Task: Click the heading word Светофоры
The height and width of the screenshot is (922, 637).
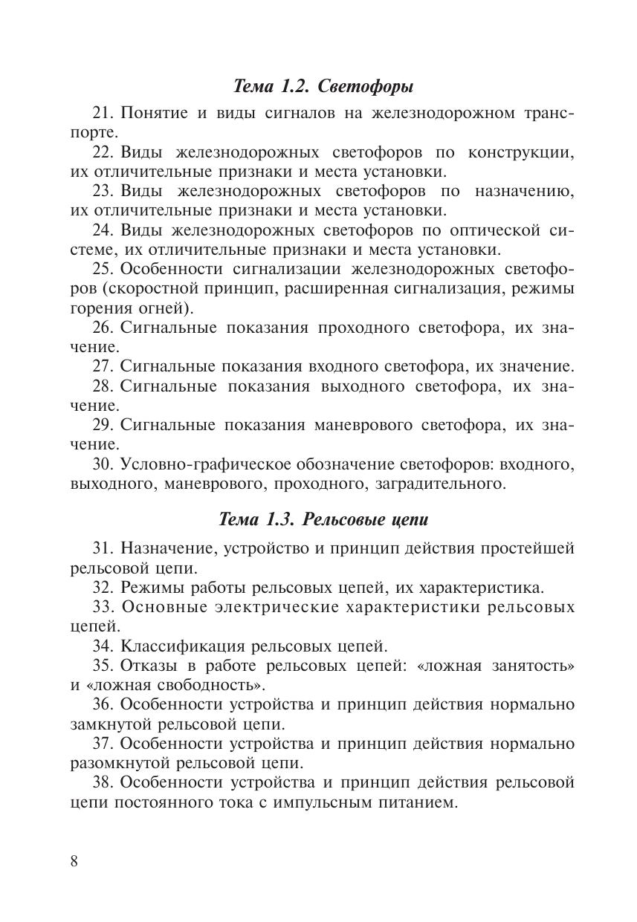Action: click(366, 86)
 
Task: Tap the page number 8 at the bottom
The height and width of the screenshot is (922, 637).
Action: click(74, 861)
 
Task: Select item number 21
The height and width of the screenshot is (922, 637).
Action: click(102, 114)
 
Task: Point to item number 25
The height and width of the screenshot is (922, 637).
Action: click(102, 268)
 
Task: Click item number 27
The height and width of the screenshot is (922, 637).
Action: click(102, 366)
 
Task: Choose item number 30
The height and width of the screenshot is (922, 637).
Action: click(102, 464)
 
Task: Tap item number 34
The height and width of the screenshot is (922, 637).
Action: click(102, 646)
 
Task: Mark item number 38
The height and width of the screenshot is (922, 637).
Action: click(102, 782)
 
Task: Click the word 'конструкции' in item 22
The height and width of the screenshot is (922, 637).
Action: click(522, 152)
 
